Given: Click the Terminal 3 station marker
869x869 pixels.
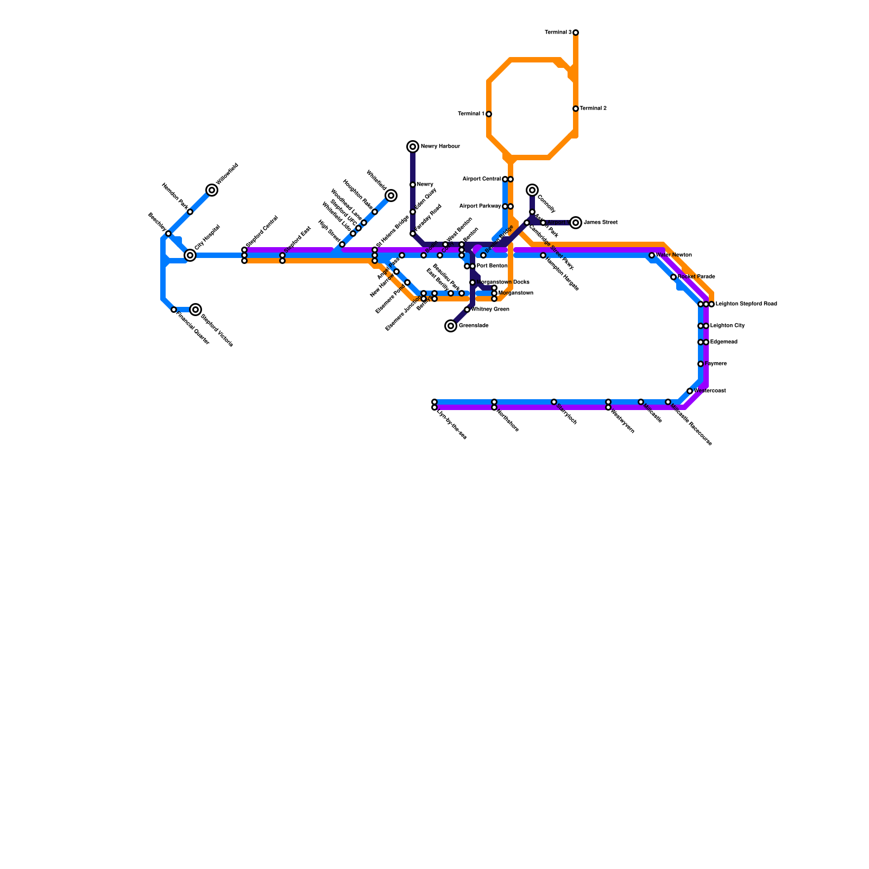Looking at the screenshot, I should click(576, 33).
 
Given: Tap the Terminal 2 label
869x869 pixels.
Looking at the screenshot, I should click(593, 109).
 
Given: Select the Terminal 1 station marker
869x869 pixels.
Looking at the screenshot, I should click(489, 114).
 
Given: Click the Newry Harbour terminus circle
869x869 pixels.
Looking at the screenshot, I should click(413, 147).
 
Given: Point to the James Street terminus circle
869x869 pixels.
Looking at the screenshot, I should click(576, 223).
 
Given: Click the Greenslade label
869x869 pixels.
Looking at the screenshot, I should click(474, 326).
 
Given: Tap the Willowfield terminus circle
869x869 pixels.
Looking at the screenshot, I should click(212, 190).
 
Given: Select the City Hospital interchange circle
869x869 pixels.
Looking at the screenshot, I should click(190, 255).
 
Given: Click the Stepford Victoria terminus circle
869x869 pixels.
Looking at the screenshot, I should click(196, 310).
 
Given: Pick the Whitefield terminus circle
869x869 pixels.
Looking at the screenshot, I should click(391, 196).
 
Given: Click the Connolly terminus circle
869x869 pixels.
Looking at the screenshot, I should click(532, 190).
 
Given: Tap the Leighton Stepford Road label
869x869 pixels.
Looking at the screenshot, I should click(746, 304).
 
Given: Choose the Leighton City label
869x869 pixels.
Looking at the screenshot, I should click(727, 326).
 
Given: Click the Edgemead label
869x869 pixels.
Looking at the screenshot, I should click(723, 342).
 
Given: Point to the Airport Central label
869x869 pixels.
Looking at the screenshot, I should click(481, 179).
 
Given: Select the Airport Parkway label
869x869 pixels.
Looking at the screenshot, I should click(480, 206).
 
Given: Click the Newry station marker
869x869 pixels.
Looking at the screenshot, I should click(413, 185).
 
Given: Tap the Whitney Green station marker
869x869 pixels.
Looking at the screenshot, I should click(467, 310).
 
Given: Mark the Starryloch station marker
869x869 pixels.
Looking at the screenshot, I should click(554, 402).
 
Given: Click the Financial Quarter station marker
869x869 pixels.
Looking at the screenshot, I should click(174, 310).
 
